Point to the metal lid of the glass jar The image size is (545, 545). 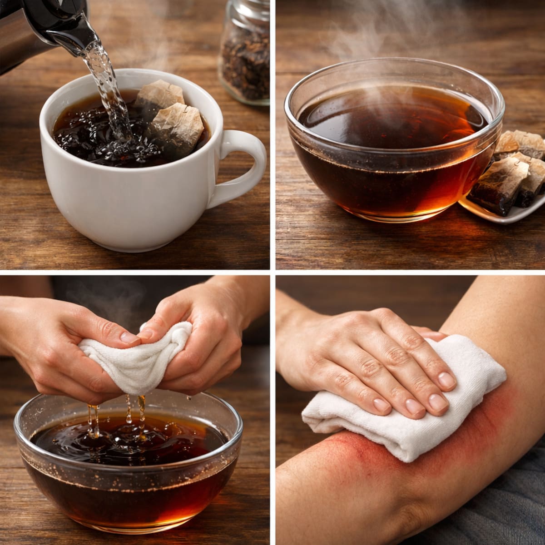(x=252, y=11)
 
